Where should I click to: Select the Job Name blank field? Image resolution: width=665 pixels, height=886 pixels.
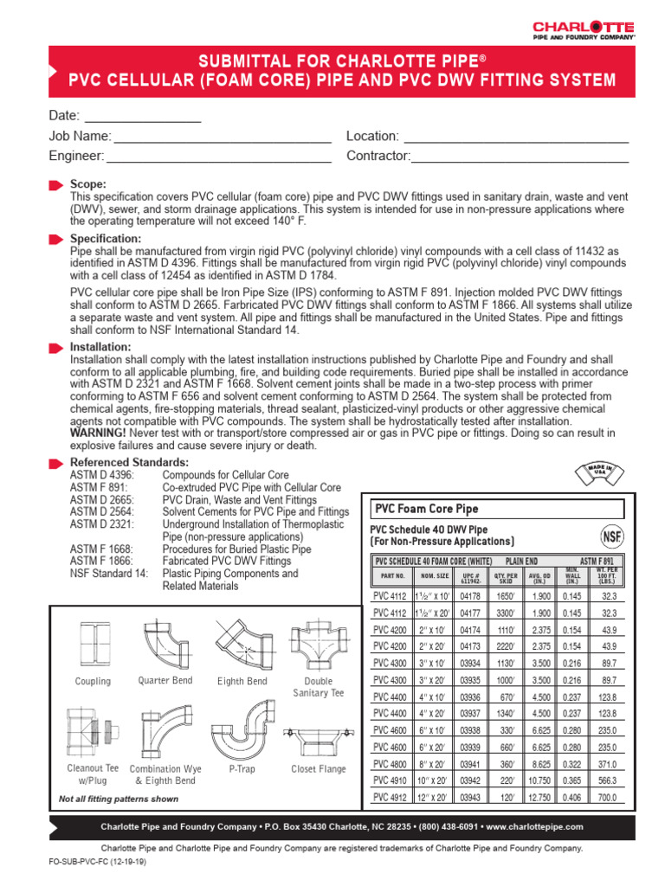pos(223,137)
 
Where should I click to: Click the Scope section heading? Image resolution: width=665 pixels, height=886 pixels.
pos(88,184)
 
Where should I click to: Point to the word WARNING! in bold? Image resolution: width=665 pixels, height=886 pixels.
pos(98,432)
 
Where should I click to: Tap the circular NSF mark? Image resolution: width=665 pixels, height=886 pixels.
pos(612,534)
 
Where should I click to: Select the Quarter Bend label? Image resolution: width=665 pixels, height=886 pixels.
pos(165,681)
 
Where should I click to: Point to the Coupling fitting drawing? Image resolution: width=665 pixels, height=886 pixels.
pos(94,645)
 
